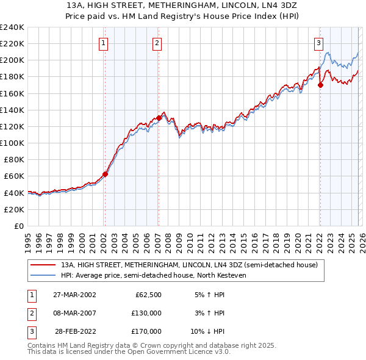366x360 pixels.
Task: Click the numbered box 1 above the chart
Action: pyautogui.click(x=104, y=43)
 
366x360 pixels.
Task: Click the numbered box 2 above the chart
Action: pyautogui.click(x=157, y=43)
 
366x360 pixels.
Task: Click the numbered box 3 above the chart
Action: pyautogui.click(x=319, y=43)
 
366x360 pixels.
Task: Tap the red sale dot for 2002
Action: pyautogui.click(x=105, y=174)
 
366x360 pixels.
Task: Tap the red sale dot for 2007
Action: pyautogui.click(x=159, y=118)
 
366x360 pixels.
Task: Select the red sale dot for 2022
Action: pyautogui.click(x=320, y=85)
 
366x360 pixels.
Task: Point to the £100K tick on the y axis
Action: pyautogui.click(x=12, y=143)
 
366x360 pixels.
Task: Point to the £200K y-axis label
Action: pyautogui.click(x=12, y=60)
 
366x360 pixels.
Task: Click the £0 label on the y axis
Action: pyautogui.click(x=18, y=226)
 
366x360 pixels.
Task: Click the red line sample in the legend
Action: pyautogui.click(x=43, y=265)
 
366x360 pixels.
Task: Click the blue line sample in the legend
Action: pyautogui.click(x=43, y=275)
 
